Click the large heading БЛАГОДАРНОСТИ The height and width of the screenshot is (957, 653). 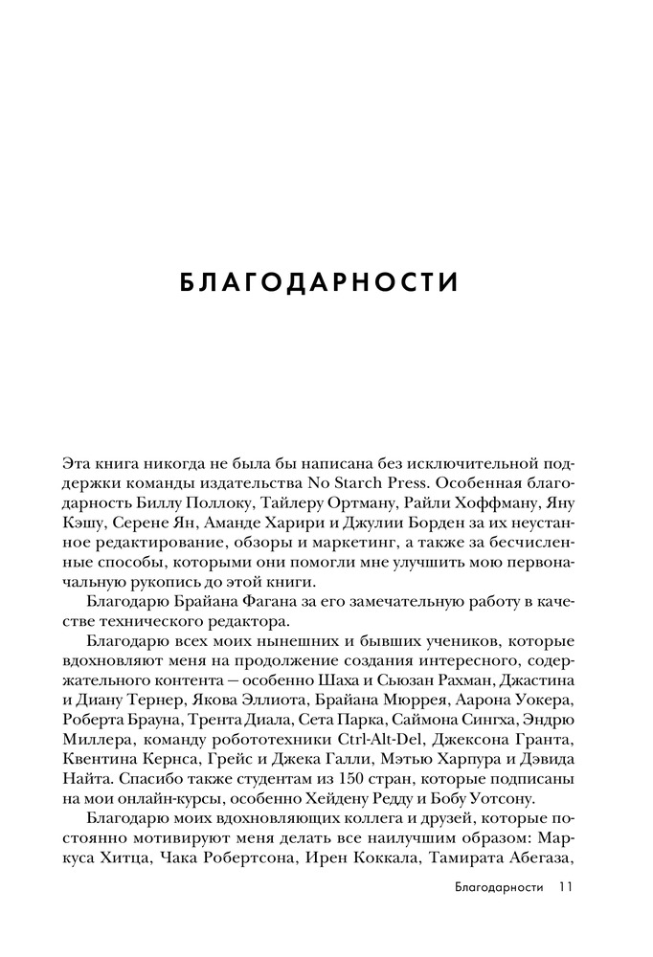coord(320,283)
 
